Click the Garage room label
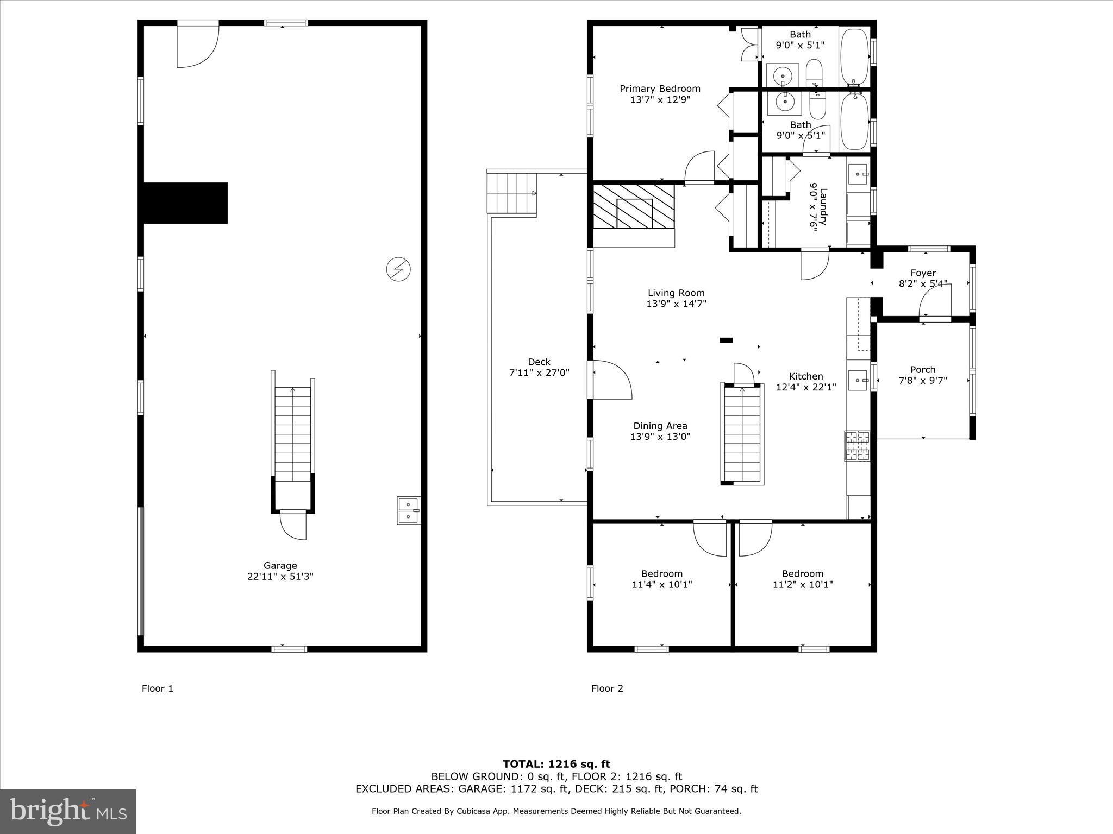point(280,565)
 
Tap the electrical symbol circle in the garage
point(398,269)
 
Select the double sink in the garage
point(408,510)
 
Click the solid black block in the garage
point(185,203)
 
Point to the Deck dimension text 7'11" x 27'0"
point(539,373)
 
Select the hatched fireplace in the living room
point(634,214)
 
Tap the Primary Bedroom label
point(660,89)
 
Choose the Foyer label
point(923,273)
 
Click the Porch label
point(923,370)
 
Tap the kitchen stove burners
point(857,446)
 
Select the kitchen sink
point(858,380)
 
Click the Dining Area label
point(660,426)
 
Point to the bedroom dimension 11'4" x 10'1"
point(661,585)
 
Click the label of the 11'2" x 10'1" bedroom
point(802,574)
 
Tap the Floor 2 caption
point(607,688)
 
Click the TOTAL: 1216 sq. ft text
point(556,764)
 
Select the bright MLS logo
point(68,811)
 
